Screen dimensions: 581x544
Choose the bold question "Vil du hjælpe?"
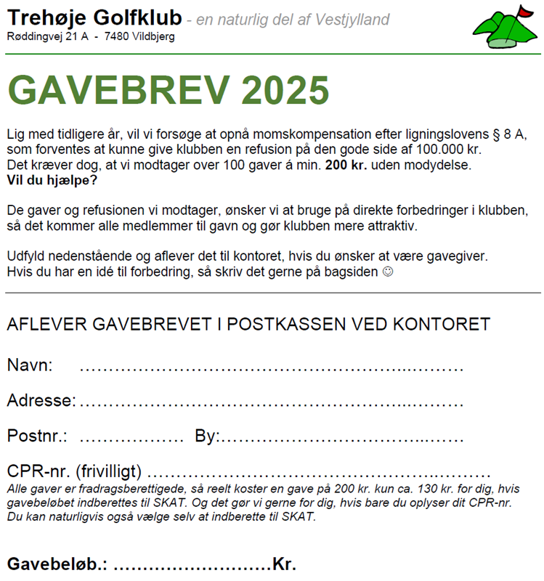click(51, 179)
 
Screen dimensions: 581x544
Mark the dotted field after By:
click(341, 437)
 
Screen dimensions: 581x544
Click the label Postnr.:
click(37, 436)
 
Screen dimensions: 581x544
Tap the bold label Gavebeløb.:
click(57, 564)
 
